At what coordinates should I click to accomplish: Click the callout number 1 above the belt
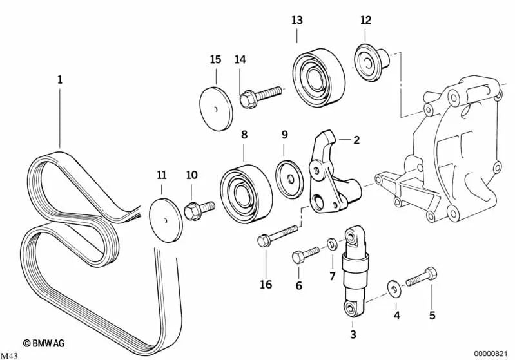coord(60,81)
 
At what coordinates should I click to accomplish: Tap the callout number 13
coord(296,21)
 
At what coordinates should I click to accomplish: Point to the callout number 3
coord(353,334)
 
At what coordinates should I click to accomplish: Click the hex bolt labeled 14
coord(260,97)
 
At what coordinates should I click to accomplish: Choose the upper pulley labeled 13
coord(318,77)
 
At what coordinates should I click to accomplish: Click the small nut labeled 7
coord(331,245)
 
